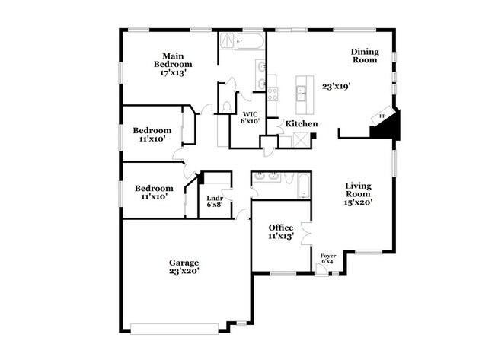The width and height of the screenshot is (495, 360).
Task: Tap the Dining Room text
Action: [364, 56]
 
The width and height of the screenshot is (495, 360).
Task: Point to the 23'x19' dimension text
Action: [337, 86]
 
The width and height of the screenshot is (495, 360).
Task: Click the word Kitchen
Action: [302, 124]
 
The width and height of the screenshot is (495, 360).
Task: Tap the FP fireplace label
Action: [383, 116]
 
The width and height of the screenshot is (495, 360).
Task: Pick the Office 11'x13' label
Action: [281, 232]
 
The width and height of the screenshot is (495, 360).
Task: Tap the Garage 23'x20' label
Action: [184, 267]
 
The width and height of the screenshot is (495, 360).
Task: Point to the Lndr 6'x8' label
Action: [214, 202]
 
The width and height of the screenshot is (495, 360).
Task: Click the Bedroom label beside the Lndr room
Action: [154, 193]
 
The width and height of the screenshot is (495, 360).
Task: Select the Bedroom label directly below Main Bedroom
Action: [152, 135]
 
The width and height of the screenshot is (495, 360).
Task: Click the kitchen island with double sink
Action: [302, 92]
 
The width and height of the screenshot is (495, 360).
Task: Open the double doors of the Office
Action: [306, 236]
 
